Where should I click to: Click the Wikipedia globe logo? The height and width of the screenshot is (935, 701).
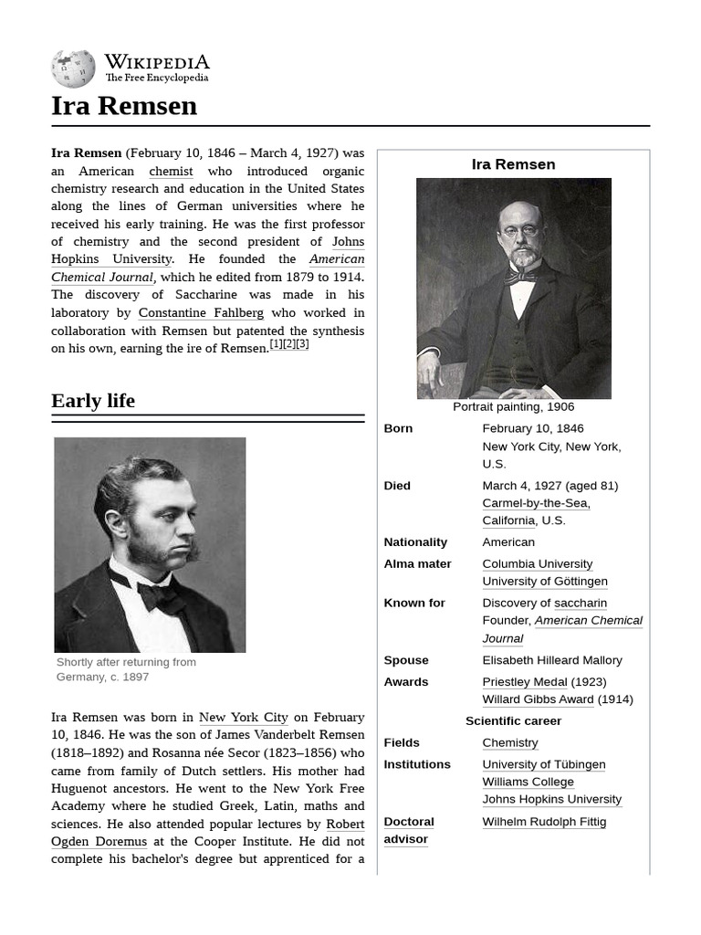point(73,68)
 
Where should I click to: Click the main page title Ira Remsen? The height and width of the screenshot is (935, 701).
point(124,106)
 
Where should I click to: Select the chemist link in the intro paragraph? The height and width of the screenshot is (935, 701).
point(171,171)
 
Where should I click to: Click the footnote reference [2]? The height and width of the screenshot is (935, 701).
point(289,344)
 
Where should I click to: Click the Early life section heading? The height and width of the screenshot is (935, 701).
point(93,401)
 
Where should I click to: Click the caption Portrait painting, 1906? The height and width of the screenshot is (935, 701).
point(513,407)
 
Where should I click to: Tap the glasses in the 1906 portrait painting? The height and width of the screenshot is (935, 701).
point(520,231)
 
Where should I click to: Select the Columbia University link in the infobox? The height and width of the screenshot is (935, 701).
point(537,564)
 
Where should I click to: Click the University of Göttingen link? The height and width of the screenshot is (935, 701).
point(544,582)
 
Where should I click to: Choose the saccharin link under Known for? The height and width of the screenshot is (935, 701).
point(581,604)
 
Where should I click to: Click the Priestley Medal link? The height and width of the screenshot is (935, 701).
point(525,682)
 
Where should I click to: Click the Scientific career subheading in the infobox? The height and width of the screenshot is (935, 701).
point(513,721)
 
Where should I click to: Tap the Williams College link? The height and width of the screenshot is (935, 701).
point(528,783)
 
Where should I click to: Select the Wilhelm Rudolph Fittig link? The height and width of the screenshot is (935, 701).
point(544,822)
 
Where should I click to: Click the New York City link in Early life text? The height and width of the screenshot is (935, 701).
point(243,718)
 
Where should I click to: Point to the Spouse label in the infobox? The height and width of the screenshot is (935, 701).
point(406,660)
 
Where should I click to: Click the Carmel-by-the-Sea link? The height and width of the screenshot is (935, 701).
point(536,503)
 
